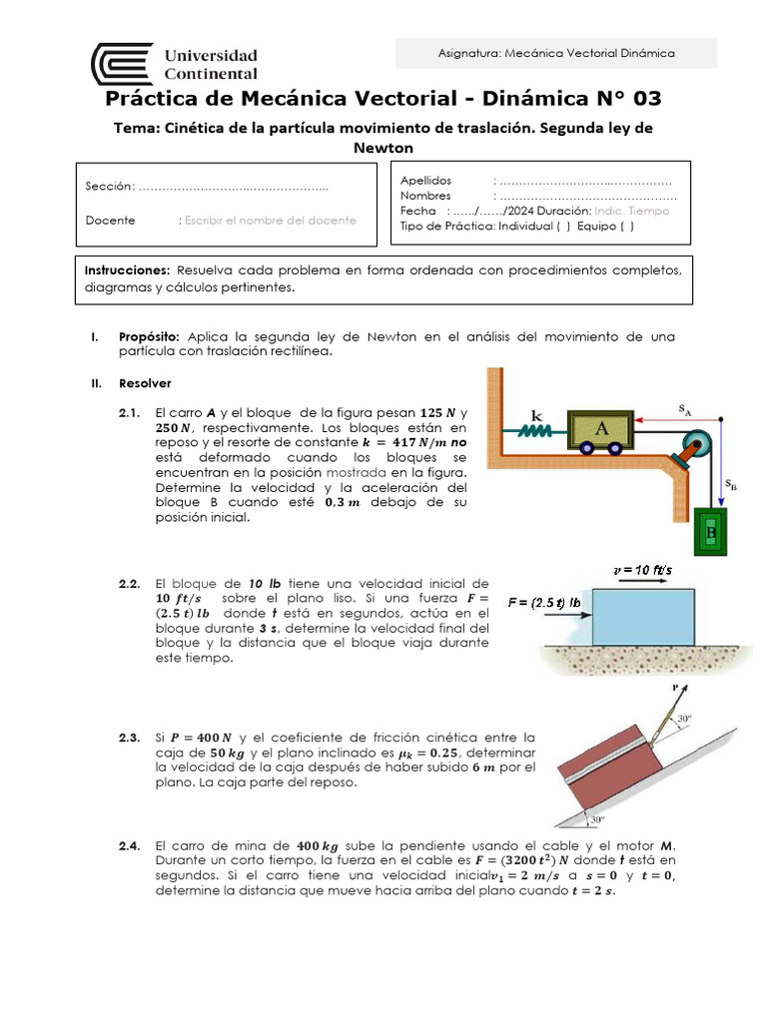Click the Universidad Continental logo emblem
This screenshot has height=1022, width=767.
tap(122, 64)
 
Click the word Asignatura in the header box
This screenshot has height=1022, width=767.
tap(469, 53)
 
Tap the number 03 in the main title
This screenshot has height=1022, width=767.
tap(640, 99)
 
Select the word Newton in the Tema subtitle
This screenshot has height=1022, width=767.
tap(383, 148)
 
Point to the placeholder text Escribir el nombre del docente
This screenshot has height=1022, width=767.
tap(270, 221)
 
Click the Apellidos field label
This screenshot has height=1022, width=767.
tap(425, 181)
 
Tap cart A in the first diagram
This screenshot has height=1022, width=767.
tap(601, 429)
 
